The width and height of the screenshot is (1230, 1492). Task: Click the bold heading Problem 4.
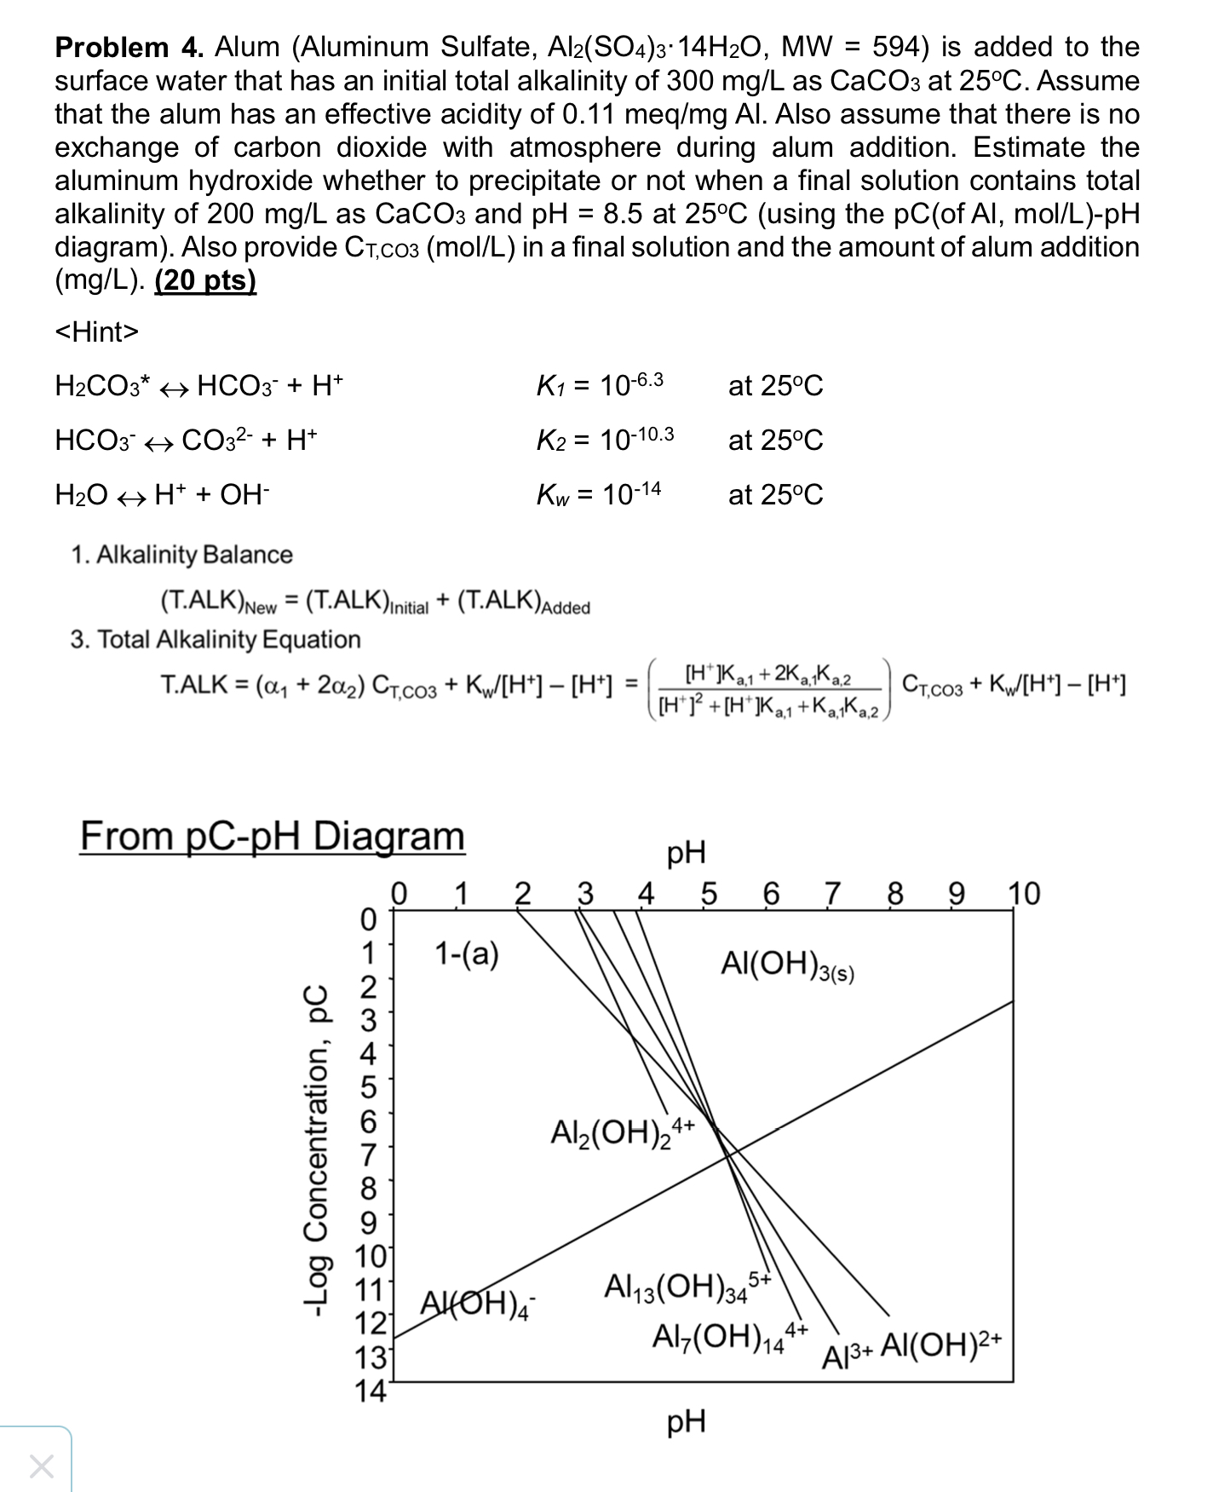pos(129,48)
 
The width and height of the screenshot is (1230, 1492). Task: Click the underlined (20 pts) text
pos(205,280)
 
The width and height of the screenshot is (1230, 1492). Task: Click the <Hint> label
pos(96,331)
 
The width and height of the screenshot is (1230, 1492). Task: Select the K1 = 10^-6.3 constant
pos(600,385)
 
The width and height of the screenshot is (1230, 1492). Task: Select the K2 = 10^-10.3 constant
pos(605,440)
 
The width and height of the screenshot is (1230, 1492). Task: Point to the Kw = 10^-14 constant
pos(599,494)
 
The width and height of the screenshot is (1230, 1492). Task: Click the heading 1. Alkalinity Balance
pos(181,555)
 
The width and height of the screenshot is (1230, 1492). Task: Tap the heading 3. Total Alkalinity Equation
pos(216,639)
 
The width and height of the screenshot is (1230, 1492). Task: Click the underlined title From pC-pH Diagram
pos(273,836)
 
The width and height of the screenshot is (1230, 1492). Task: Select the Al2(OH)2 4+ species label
pos(623,1132)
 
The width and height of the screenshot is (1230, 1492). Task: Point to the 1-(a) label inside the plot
pos(467,953)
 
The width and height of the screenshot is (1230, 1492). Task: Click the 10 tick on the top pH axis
pos(1024,894)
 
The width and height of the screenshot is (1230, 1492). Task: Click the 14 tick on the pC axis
pos(369,1391)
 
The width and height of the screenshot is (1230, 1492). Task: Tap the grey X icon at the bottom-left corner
pos(41,1466)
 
